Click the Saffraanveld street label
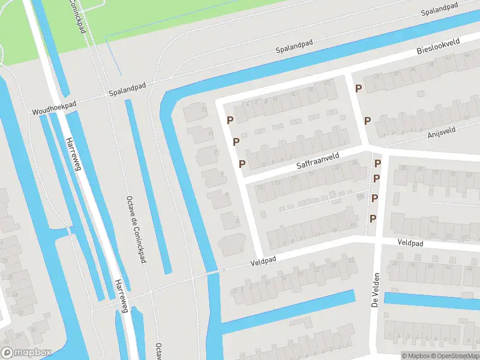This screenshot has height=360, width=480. [317, 159]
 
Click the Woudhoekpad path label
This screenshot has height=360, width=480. [54, 108]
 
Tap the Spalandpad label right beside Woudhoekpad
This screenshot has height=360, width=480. [127, 92]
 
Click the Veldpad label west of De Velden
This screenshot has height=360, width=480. [263, 263]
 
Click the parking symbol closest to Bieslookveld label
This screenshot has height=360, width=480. [359, 89]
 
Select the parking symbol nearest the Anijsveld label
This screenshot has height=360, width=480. [367, 121]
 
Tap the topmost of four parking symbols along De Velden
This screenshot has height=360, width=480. [378, 163]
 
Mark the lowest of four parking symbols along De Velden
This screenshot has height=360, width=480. [373, 218]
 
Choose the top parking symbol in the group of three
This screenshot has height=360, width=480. [230, 121]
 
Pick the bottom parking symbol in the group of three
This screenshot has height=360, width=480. [242, 164]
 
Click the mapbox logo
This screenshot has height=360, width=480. [26, 352]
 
